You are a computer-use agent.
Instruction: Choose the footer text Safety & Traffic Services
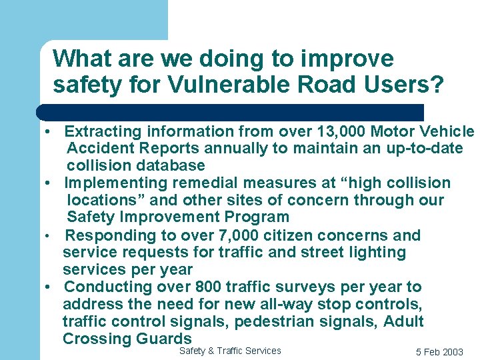(230, 351)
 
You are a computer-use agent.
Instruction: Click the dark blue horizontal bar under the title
(230, 112)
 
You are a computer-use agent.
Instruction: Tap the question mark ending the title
(437, 85)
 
